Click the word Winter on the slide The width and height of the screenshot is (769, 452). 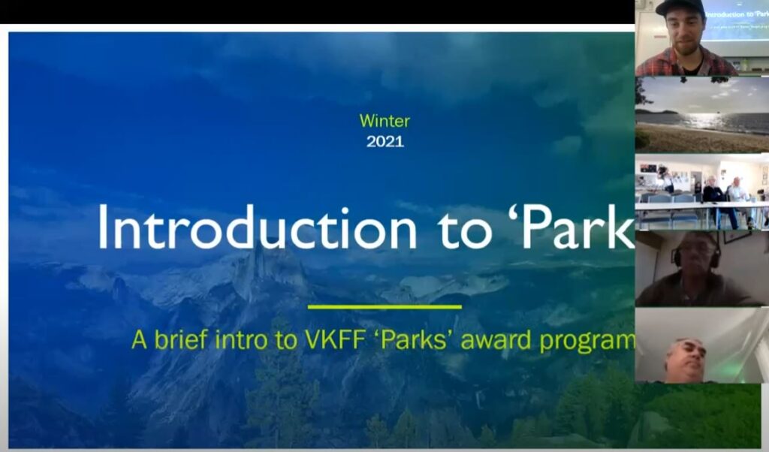pos(384,121)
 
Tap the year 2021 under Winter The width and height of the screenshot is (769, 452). pos(385,142)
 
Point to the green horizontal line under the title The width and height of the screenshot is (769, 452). pos(384,307)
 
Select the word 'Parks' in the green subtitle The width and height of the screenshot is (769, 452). pos(414,339)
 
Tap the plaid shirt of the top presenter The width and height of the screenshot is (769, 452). pos(686,62)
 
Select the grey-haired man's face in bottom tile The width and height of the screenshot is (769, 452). pos(686,360)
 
